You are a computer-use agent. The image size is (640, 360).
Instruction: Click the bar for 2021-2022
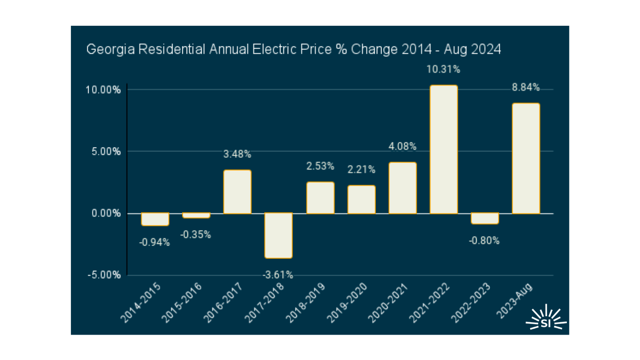point(443,149)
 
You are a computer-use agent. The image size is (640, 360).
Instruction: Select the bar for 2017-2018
point(278,235)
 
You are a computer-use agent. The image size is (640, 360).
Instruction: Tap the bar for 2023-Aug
point(526,158)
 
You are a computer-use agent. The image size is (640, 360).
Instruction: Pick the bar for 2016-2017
point(237,192)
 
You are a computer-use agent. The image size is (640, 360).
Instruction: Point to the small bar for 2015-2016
point(196,215)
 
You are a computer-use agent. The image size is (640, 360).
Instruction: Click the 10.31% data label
point(443,69)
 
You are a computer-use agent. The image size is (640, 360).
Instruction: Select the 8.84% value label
point(526,87)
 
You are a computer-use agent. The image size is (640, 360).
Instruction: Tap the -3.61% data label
point(278,275)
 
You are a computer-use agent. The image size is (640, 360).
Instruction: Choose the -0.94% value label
point(154,243)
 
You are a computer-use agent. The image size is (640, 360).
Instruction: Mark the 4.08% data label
point(403,146)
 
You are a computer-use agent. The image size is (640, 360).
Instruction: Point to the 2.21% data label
point(361,169)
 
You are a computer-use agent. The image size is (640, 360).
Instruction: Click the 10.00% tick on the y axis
point(103,90)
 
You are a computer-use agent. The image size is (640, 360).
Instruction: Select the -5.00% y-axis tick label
point(104,275)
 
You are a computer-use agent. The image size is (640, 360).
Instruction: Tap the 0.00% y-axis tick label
point(106,213)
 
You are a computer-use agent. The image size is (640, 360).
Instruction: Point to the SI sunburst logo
point(546,319)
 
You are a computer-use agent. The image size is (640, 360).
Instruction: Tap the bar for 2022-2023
point(485,218)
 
